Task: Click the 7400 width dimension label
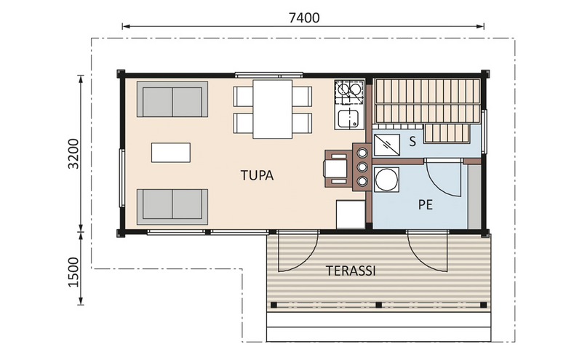[x=303, y=17]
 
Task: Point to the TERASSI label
[x=351, y=271]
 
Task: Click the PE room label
[x=426, y=204]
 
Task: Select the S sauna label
[x=412, y=142]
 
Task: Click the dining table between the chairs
[x=272, y=109]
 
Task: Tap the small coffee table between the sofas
[x=171, y=153]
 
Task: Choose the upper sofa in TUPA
[x=173, y=100]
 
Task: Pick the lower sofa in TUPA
[x=173, y=206]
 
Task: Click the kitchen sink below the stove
[x=348, y=119]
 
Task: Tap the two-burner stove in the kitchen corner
[x=348, y=91]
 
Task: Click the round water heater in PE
[x=386, y=179]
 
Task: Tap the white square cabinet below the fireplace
[x=350, y=215]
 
